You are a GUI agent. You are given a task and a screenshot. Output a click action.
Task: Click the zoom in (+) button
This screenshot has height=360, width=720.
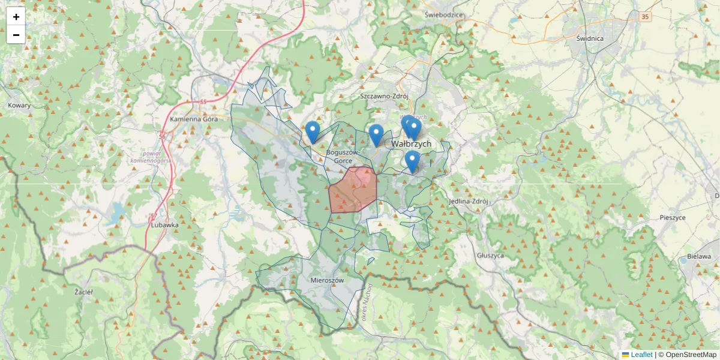click(x=16, y=17)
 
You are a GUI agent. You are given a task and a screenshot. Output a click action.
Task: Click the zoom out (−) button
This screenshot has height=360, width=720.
click(x=16, y=35)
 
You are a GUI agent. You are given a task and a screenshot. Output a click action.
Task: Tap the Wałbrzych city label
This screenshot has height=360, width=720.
click(x=411, y=144)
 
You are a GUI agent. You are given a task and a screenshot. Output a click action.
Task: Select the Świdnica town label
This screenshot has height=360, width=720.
click(x=589, y=38)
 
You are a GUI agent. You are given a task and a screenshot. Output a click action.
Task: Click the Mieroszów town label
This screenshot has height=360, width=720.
click(x=327, y=280)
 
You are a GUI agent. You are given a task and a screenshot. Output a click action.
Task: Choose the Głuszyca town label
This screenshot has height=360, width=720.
click(x=491, y=255)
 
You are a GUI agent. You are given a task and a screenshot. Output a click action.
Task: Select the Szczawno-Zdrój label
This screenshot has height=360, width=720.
click(x=384, y=96)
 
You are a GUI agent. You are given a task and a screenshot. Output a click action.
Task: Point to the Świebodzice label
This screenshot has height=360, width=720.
click(x=443, y=14)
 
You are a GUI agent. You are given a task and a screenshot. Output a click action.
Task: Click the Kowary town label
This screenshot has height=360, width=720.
click(x=19, y=106)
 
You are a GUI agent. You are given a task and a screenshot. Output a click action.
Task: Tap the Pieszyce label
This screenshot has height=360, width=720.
click(x=672, y=218)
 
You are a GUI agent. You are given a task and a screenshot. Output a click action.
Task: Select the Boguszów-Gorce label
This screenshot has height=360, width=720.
click(x=343, y=157)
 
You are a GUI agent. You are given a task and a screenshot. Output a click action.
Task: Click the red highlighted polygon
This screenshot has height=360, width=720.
click(x=353, y=191)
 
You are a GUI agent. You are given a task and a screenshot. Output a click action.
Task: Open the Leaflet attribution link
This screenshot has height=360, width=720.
click(x=641, y=355)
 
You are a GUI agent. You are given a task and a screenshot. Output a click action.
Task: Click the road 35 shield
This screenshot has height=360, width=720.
click(x=645, y=17)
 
